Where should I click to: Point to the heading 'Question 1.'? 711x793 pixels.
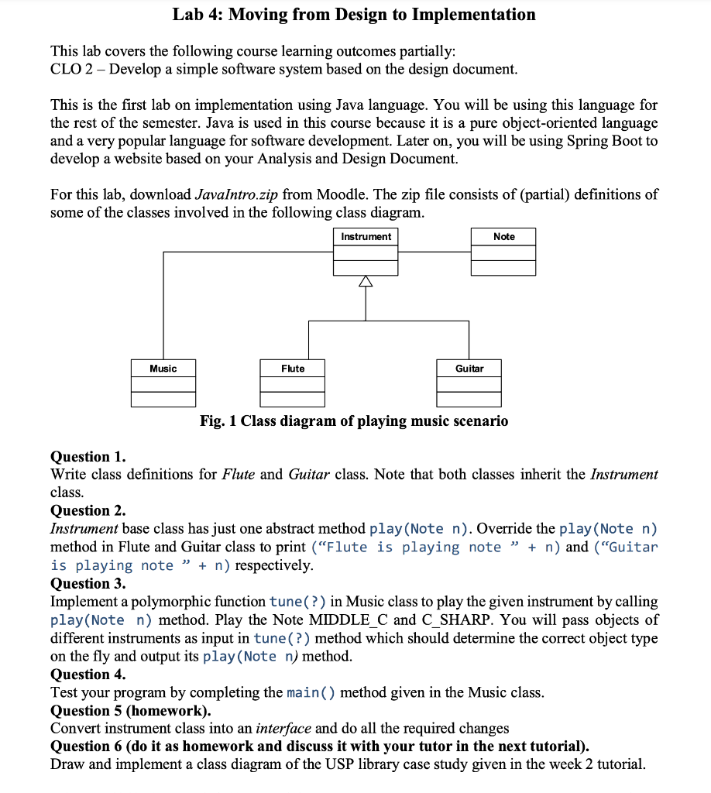88,456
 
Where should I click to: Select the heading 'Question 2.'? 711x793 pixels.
88,510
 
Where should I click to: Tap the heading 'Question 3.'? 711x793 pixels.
88,583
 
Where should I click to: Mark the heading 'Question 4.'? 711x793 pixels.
88,674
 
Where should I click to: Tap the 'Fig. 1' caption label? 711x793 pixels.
218,421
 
